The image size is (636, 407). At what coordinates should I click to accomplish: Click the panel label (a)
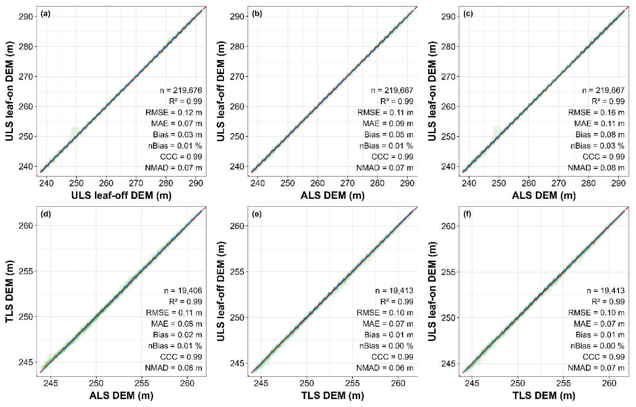coord(45,14)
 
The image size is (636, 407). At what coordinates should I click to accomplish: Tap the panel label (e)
coord(257,214)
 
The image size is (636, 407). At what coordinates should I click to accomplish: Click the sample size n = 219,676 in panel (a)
coord(181,90)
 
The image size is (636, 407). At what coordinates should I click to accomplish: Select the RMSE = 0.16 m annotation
coord(596,112)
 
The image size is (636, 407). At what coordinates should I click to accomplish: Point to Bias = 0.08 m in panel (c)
coord(600,135)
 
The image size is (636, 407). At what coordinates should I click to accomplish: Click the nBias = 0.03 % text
coord(598,146)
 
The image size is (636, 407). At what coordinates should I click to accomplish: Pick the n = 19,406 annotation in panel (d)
coord(183,290)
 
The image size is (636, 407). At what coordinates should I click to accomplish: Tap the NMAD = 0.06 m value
coord(385,368)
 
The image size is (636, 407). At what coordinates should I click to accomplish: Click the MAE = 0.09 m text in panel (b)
coord(388,123)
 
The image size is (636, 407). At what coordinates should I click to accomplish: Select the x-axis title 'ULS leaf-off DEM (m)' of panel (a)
coord(121,195)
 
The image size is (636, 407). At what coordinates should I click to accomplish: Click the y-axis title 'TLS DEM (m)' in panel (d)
coord(9,292)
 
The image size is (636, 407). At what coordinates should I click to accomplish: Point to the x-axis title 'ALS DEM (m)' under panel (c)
coord(544,195)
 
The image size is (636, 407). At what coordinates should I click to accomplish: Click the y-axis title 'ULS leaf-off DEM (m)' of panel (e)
coord(221,292)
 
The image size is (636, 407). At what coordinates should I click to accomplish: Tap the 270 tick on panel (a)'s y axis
coord(26,76)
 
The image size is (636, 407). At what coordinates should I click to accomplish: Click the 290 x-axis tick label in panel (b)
coord(407,183)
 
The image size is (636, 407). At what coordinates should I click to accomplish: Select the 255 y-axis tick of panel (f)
coord(448,271)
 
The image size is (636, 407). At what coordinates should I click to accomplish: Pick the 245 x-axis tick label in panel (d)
coord(51,383)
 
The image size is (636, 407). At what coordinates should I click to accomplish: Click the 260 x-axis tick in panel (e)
coord(398,383)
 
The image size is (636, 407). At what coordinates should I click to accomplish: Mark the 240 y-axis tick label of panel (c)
coord(448,167)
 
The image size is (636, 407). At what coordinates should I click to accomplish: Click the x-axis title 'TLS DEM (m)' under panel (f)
coord(544,395)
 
